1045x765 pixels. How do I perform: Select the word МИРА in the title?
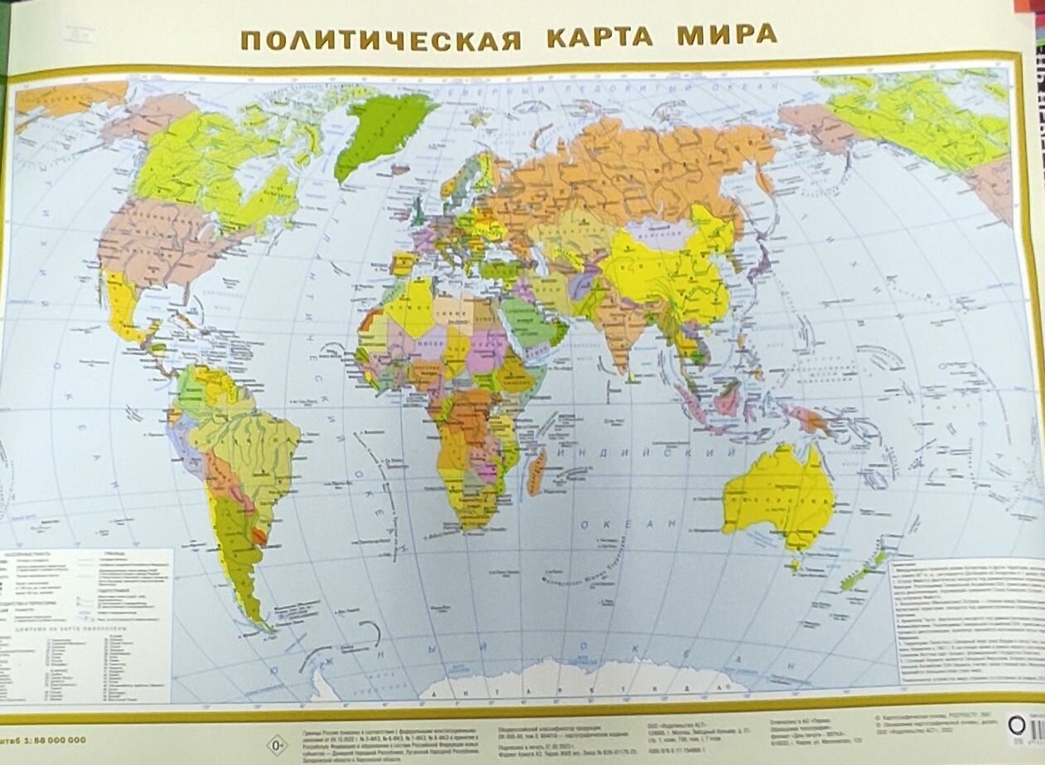click(x=727, y=35)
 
